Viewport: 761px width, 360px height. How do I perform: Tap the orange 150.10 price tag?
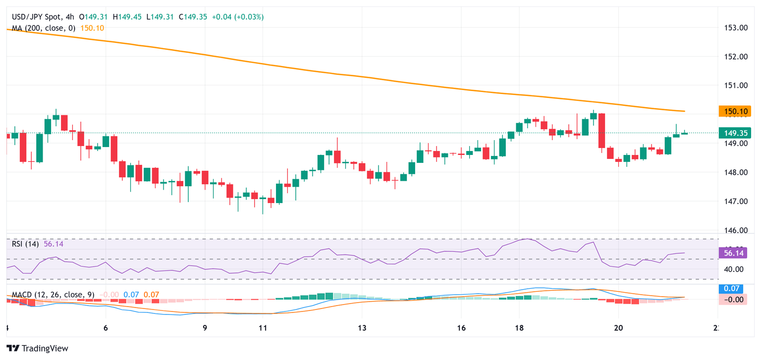click(735, 112)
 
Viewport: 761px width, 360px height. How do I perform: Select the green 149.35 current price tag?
click(735, 133)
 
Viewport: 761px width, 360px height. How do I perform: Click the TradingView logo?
click(37, 348)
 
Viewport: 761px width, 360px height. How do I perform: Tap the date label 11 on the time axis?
click(263, 328)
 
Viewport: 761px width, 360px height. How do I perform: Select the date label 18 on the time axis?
click(519, 328)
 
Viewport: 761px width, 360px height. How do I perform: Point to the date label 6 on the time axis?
click(106, 328)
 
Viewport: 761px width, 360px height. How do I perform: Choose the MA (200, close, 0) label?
click(44, 28)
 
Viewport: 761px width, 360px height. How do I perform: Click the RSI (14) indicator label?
click(26, 244)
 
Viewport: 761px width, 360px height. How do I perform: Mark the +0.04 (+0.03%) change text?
click(238, 17)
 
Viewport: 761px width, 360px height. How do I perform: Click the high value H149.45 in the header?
click(127, 17)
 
